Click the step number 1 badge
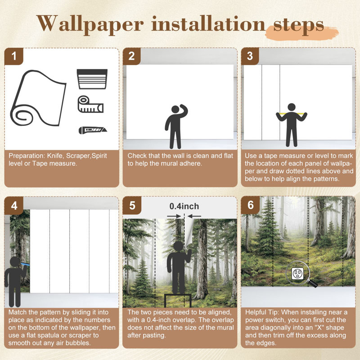coord(14,56)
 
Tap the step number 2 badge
coord(131,56)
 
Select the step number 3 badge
coord(250,56)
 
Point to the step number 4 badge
coord(14,206)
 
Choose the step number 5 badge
coord(132,206)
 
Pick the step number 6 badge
coord(251,205)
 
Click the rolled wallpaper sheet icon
coord(38,98)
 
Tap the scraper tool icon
coord(92,79)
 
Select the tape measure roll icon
coord(90,104)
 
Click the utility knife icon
coord(93,130)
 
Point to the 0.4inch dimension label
coord(184,206)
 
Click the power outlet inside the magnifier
coord(297,274)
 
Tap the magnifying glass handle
coord(312,284)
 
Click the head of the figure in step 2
coord(175,109)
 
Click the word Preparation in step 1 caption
coord(27,156)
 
